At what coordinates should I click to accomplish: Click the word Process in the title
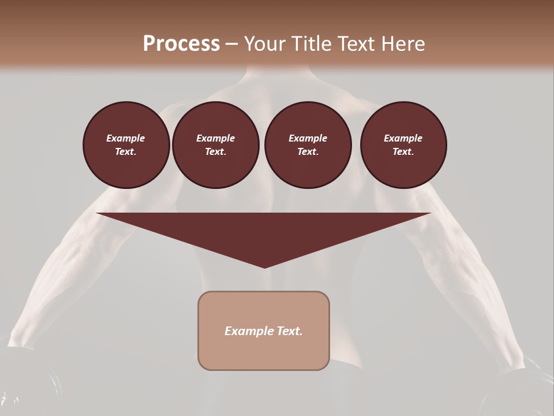(x=181, y=44)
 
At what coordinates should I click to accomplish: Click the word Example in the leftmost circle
(x=126, y=138)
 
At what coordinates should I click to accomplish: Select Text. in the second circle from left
(x=215, y=152)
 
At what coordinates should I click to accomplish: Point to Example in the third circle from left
(x=308, y=138)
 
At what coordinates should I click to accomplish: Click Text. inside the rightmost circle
(x=403, y=152)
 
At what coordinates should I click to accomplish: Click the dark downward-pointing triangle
(x=264, y=231)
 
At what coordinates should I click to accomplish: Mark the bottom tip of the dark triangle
(x=264, y=266)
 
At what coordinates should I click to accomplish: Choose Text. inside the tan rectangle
(x=289, y=331)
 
